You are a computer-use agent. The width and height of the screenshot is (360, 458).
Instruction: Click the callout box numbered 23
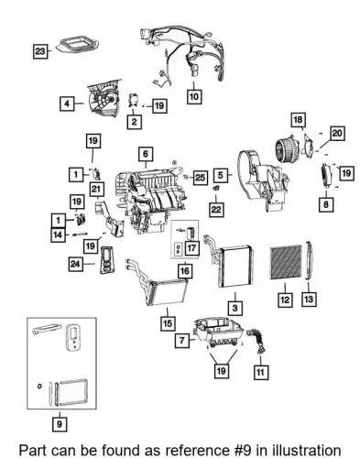[x=40, y=51]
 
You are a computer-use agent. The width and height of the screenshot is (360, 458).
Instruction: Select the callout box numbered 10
[x=194, y=96]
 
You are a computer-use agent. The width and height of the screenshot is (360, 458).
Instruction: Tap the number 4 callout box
[x=67, y=104]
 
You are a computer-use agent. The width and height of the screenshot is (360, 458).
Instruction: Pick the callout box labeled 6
[x=146, y=154]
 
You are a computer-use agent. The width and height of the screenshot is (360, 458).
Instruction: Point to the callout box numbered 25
[x=200, y=178]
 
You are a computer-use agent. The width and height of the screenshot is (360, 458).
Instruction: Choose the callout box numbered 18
[x=298, y=120]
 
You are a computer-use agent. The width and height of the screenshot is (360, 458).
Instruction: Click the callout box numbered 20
[x=337, y=134]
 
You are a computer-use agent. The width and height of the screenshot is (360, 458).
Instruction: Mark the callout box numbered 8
[x=326, y=204]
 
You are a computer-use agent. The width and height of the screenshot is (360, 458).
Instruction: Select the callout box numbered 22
[x=216, y=210]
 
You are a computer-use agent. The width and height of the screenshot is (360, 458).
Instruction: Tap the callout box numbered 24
[x=75, y=264]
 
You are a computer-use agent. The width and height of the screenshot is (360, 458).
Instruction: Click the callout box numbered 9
[x=60, y=424]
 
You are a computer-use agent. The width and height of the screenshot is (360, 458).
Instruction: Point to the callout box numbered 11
[x=261, y=372]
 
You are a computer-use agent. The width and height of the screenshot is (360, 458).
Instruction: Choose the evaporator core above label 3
[x=232, y=263]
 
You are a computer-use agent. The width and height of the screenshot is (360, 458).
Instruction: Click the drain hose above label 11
[x=257, y=341]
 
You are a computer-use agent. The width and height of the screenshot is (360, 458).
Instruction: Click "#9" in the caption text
[x=241, y=451]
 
